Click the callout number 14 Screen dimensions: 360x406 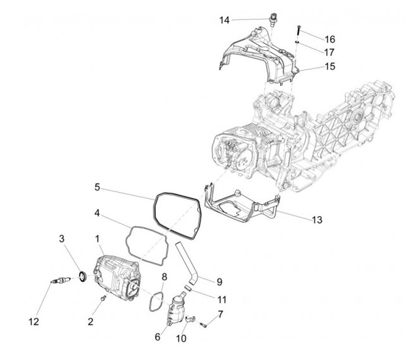224,20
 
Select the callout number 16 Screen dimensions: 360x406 330,39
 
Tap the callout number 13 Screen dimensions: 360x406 317,219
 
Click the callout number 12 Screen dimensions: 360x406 34,322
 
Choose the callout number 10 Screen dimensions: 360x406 181,338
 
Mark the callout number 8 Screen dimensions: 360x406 165,276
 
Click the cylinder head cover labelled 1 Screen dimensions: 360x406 116,274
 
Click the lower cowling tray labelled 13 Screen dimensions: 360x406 237,206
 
